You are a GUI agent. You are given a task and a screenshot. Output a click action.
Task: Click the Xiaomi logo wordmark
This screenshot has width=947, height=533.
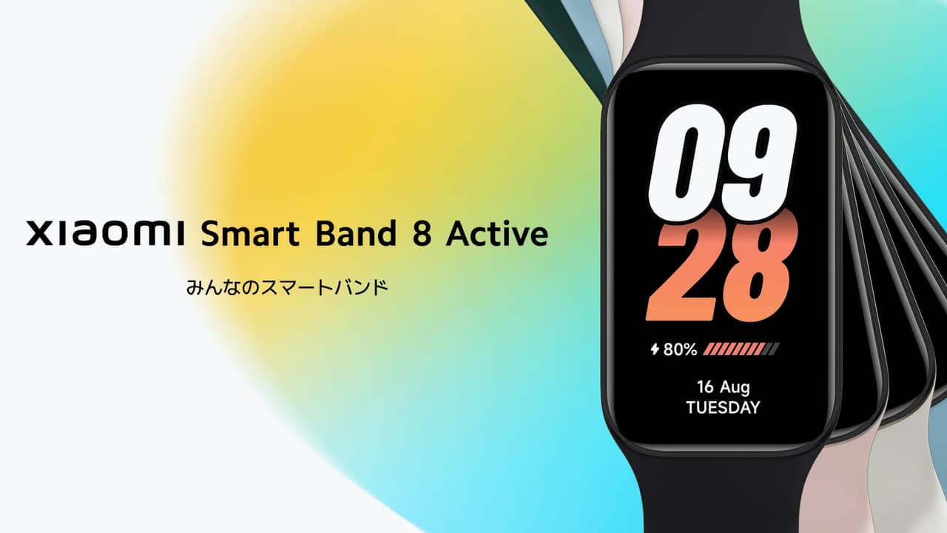[105, 233]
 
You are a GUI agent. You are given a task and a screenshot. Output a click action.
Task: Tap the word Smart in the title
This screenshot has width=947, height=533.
[250, 233]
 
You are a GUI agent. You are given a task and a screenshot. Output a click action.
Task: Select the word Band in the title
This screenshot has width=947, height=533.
[356, 233]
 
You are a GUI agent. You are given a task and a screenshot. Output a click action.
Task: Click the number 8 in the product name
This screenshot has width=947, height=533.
[422, 233]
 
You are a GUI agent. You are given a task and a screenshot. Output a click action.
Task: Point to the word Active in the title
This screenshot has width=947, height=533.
[497, 233]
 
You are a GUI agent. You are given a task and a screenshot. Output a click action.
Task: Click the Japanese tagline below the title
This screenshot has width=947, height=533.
[287, 288]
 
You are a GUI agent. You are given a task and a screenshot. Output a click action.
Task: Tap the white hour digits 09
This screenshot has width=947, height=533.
[723, 163]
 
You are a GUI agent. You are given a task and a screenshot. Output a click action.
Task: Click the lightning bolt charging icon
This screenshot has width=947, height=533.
[655, 349]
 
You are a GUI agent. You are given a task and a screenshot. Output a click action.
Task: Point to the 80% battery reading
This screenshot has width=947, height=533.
[680, 349]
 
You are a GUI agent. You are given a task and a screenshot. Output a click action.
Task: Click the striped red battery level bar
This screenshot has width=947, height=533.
[741, 349]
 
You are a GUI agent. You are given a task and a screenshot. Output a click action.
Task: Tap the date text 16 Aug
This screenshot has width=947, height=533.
[724, 387]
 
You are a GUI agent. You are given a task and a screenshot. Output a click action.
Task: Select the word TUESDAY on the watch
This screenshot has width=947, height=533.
[723, 407]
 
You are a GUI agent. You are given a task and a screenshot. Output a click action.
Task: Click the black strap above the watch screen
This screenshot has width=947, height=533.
[718, 30]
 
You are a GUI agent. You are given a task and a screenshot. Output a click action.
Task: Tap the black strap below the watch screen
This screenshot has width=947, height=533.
[721, 495]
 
